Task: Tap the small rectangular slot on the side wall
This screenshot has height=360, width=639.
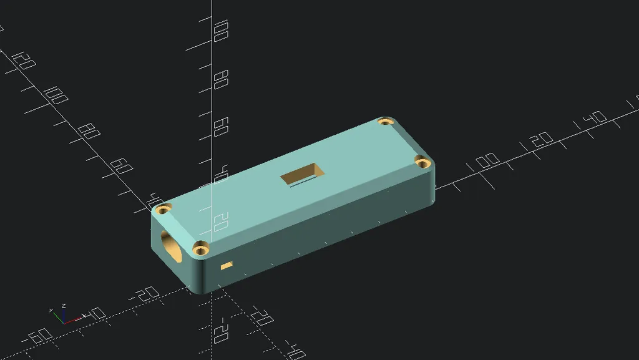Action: click(227, 265)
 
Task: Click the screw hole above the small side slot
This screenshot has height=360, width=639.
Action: click(200, 250)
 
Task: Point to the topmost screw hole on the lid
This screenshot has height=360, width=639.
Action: click(385, 122)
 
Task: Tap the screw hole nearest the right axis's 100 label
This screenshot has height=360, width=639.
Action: click(422, 163)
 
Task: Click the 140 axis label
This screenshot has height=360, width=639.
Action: click(596, 118)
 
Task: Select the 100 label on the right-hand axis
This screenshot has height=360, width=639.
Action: click(487, 162)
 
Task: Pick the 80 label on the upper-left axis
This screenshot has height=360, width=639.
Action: click(90, 130)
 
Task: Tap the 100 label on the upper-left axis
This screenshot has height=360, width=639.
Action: click(57, 96)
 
